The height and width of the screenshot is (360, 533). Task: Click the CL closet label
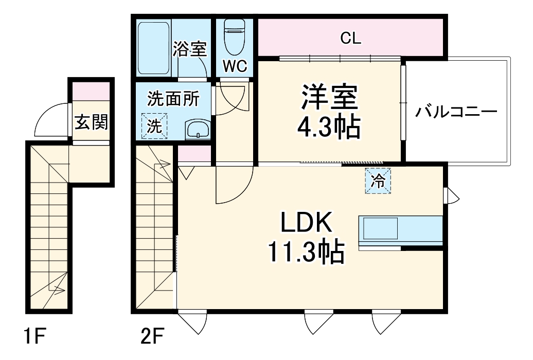click(350, 39)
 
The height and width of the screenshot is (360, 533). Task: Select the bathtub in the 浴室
click(154, 48)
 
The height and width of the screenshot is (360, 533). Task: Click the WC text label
click(235, 67)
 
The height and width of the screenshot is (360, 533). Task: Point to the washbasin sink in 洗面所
click(198, 130)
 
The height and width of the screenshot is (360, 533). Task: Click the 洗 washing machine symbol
click(154, 126)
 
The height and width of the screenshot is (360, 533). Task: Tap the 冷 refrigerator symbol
click(378, 181)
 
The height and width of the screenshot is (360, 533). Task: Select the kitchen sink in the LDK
click(380, 228)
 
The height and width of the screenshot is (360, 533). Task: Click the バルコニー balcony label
click(456, 112)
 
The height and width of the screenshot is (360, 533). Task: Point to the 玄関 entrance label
click(92, 122)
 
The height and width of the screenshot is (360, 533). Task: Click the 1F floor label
click(34, 336)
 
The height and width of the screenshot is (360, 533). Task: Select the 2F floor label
click(153, 336)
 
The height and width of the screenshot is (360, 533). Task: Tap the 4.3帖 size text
click(329, 127)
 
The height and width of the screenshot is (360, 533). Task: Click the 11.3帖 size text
click(307, 252)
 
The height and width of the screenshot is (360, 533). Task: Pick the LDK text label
click(306, 222)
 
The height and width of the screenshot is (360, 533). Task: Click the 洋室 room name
click(329, 97)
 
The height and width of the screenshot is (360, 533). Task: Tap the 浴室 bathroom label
click(189, 49)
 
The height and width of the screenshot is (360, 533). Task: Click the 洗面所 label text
click(173, 99)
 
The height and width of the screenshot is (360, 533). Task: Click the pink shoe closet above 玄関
click(91, 91)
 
